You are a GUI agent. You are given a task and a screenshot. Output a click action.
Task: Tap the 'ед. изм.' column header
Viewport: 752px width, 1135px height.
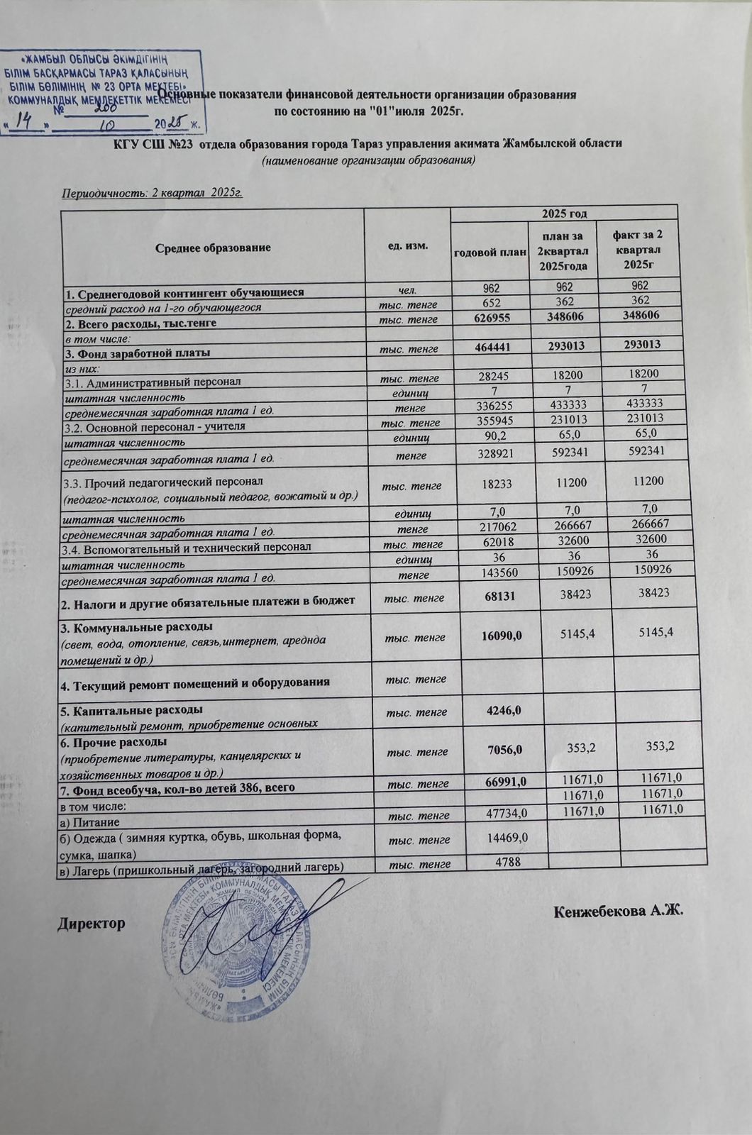pyautogui.click(x=407, y=245)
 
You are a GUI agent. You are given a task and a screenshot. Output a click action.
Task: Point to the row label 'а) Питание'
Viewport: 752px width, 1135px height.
pyautogui.click(x=83, y=820)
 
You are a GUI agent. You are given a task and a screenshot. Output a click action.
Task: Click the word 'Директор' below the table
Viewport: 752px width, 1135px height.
pyautogui.click(x=92, y=924)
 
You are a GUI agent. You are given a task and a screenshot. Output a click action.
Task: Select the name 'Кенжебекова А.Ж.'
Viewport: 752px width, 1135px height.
pyautogui.click(x=618, y=910)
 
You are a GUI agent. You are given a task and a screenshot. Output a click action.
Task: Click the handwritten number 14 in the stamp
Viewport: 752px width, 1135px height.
pyautogui.click(x=26, y=121)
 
